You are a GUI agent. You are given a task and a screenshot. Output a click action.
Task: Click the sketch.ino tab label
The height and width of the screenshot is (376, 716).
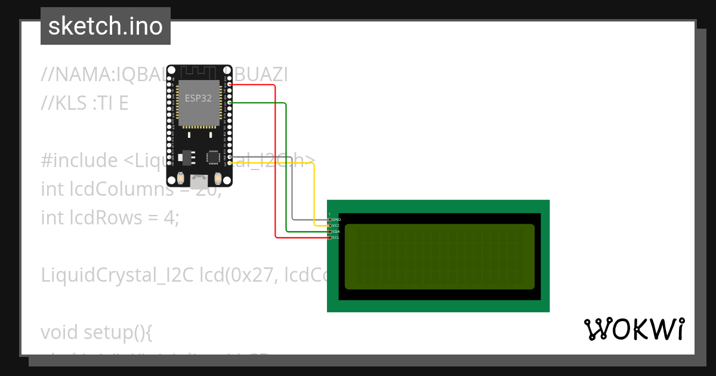(105, 26)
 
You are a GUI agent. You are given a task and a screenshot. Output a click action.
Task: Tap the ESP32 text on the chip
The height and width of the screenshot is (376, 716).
(198, 98)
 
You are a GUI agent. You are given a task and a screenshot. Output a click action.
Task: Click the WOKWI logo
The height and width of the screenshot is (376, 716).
(634, 329)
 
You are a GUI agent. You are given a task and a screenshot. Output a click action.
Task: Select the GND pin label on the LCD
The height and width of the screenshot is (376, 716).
(335, 220)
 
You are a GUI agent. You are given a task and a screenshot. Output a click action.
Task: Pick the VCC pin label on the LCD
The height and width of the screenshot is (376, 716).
(335, 226)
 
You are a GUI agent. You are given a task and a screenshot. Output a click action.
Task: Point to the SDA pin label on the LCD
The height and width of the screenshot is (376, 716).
(335, 232)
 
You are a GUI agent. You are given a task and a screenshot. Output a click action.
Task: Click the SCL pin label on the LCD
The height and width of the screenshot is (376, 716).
(335, 238)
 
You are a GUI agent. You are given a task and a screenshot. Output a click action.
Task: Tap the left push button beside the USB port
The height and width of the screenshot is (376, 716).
(181, 178)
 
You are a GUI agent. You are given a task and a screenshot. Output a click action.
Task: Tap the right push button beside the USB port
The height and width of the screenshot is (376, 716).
(218, 178)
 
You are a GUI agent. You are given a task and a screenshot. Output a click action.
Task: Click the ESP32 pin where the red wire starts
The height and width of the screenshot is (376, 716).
(230, 85)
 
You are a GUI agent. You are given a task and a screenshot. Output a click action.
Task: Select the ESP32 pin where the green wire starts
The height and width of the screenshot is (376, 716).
(230, 103)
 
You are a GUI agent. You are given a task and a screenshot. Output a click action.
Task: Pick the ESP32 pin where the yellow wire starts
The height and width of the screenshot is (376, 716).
(230, 162)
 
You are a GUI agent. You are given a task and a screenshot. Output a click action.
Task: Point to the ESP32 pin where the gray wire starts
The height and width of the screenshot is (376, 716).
(230, 156)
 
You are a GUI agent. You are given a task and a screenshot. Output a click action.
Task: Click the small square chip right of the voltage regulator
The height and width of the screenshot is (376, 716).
(213, 157)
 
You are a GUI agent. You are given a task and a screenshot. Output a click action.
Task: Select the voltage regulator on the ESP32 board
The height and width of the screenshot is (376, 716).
(186, 157)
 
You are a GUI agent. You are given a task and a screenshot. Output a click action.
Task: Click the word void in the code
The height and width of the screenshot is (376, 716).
(60, 332)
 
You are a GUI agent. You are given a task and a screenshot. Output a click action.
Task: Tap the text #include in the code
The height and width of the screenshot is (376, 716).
(79, 161)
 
